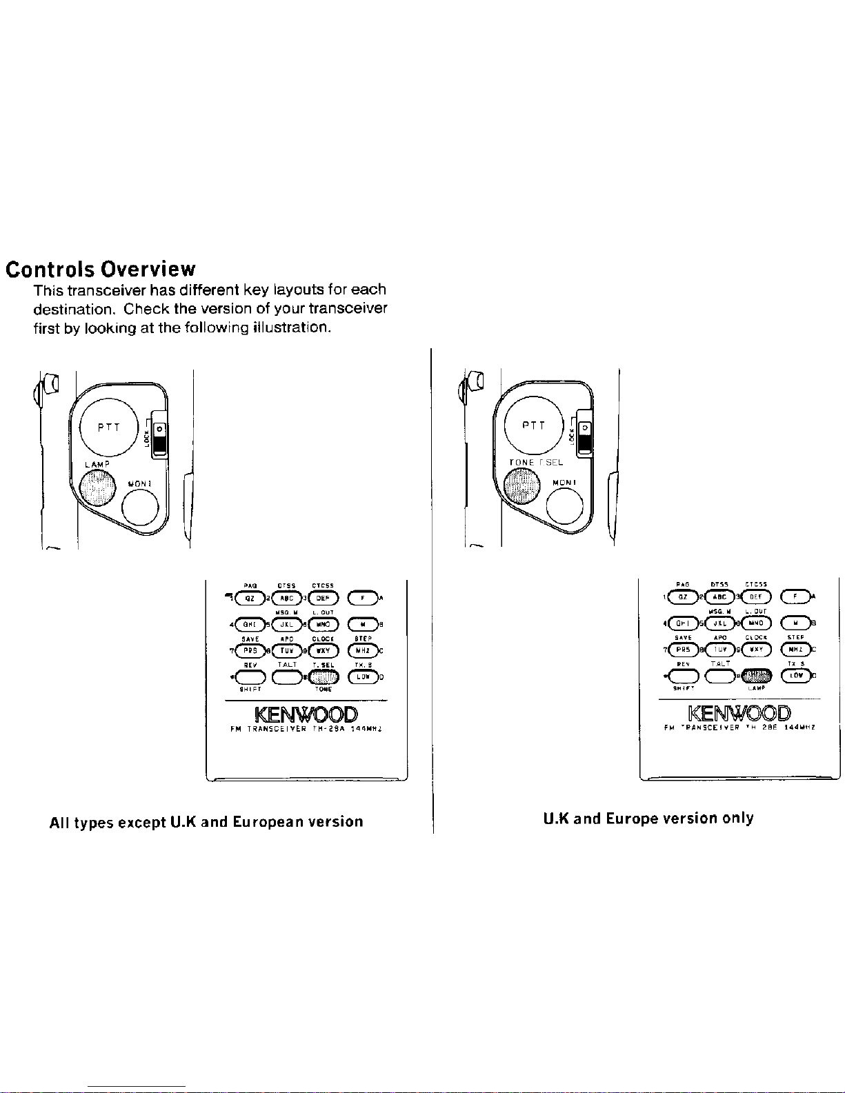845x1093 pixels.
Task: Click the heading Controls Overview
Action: click(101, 269)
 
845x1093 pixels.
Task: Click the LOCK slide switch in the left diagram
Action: click(160, 439)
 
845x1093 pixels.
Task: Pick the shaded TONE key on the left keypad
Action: click(323, 676)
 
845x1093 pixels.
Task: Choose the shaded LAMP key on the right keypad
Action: click(756, 675)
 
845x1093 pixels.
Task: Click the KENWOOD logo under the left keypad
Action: click(306, 714)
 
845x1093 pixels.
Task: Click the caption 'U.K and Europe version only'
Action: click(648, 819)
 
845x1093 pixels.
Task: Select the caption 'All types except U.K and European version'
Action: click(206, 822)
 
